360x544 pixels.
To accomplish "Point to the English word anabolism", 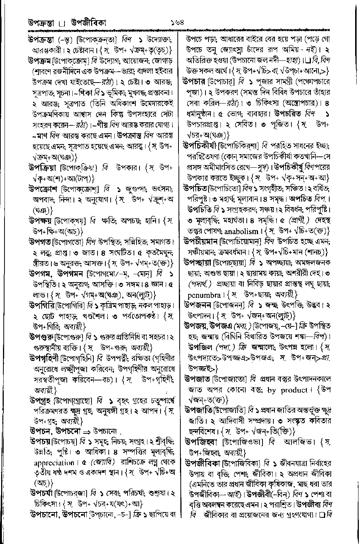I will point(241,231).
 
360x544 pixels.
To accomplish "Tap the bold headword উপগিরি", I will point(42,304).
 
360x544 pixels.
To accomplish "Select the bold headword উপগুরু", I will point(40,335).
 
